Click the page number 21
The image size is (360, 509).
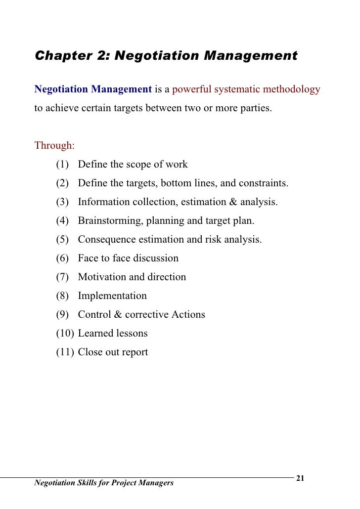(x=300, y=478)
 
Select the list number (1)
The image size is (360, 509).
(x=62, y=164)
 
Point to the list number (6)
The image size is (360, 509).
(x=62, y=258)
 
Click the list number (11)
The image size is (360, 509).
(x=65, y=352)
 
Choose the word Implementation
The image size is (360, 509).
(x=112, y=296)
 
